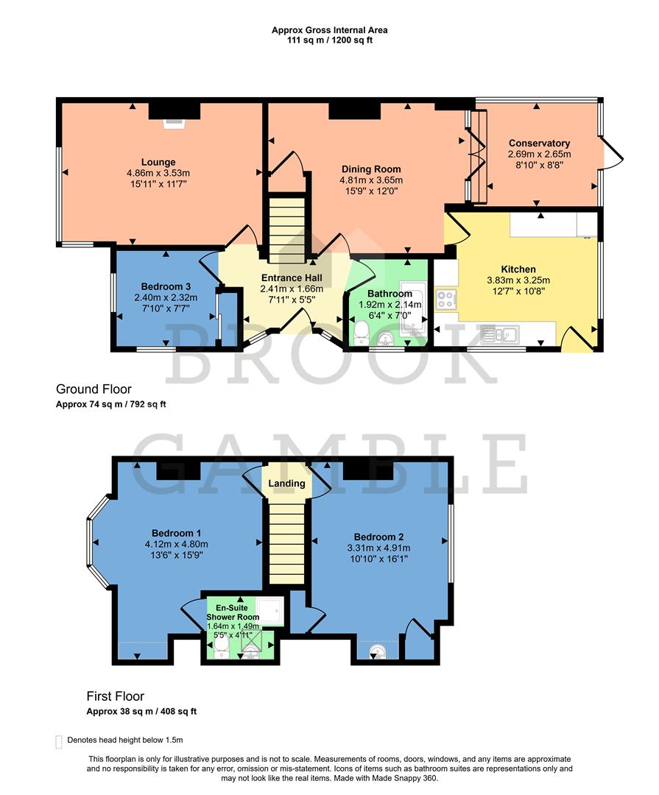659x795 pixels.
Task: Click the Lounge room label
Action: coord(158,163)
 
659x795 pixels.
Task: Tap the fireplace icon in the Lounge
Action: coord(174,122)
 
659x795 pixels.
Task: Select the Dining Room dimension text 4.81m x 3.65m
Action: coord(371,180)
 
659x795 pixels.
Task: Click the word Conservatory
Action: coord(539,143)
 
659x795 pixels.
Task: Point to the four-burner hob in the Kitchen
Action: coord(445,300)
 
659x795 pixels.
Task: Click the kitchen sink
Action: coord(500,335)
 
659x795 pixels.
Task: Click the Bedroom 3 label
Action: coord(166,287)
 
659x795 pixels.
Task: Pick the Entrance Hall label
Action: coord(292,278)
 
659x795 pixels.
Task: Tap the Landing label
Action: coord(287,484)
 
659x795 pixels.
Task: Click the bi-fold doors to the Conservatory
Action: coord(476,156)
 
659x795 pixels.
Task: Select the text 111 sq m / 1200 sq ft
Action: coord(329,40)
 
